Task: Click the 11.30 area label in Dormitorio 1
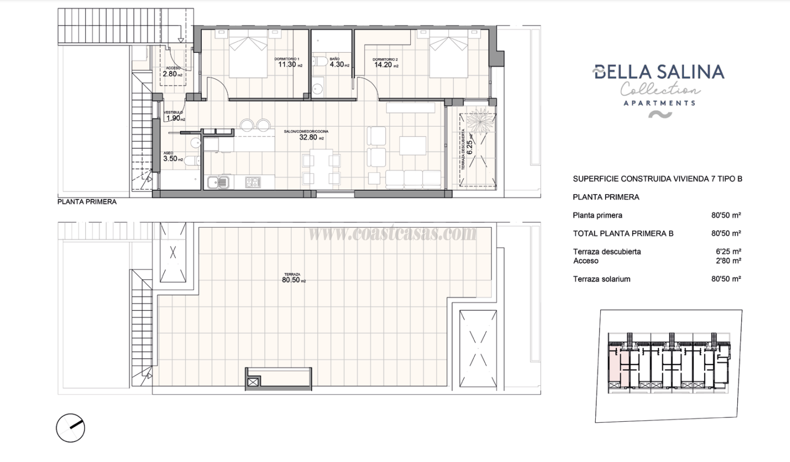click(x=287, y=64)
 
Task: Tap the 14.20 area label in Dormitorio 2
click(x=383, y=65)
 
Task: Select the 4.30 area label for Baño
click(x=337, y=64)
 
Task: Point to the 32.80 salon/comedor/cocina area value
click(x=308, y=138)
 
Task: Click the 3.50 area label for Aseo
click(x=171, y=159)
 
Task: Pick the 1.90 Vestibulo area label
click(x=172, y=118)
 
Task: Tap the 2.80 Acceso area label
click(x=170, y=74)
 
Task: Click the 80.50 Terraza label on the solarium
click(x=291, y=280)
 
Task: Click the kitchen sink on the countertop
click(x=218, y=182)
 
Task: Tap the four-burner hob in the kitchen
click(x=254, y=182)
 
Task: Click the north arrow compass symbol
click(x=71, y=428)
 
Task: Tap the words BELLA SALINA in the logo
click(x=659, y=72)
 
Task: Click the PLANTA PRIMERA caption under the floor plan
click(x=87, y=202)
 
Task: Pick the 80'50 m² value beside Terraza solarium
click(x=726, y=279)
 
